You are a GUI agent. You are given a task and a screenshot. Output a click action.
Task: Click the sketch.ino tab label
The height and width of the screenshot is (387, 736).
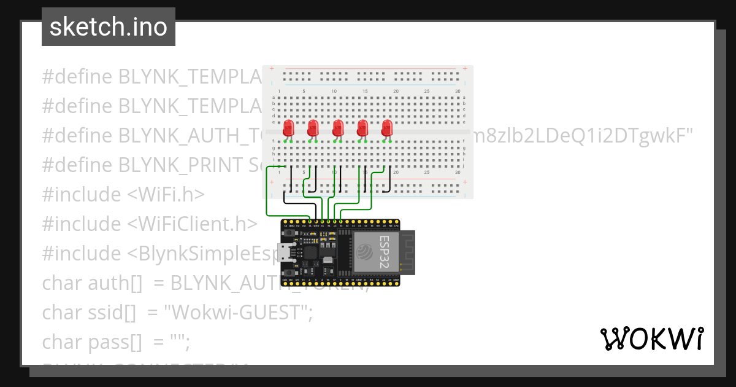(109, 27)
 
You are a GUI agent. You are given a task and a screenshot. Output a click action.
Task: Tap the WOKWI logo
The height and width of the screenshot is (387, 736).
(651, 338)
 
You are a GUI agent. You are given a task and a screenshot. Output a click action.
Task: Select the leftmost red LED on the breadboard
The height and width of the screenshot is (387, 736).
(288, 128)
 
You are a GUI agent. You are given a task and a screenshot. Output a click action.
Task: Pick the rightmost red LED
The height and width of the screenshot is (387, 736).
(386, 128)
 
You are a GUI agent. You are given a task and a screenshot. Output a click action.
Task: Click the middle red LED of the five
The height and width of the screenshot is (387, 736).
(337, 128)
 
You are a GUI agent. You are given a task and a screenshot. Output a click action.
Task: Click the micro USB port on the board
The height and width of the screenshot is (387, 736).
(286, 252)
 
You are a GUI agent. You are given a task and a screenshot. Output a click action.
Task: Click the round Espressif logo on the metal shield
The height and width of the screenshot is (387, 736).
(364, 251)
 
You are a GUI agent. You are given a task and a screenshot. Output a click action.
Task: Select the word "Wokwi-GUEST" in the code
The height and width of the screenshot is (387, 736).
(239, 312)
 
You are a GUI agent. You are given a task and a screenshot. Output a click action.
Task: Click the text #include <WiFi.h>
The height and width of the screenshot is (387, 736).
(123, 194)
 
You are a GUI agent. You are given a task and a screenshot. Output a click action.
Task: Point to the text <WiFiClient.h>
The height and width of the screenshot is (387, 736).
(192, 224)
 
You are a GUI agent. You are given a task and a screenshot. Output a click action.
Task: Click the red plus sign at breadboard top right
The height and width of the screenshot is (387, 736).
(466, 68)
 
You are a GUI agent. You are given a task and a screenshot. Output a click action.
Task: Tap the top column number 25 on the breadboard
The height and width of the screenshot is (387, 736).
(427, 92)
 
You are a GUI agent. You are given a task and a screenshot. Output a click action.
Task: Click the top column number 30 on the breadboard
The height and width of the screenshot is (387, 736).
(458, 92)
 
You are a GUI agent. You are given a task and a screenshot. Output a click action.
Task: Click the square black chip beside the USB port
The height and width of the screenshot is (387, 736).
(310, 252)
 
